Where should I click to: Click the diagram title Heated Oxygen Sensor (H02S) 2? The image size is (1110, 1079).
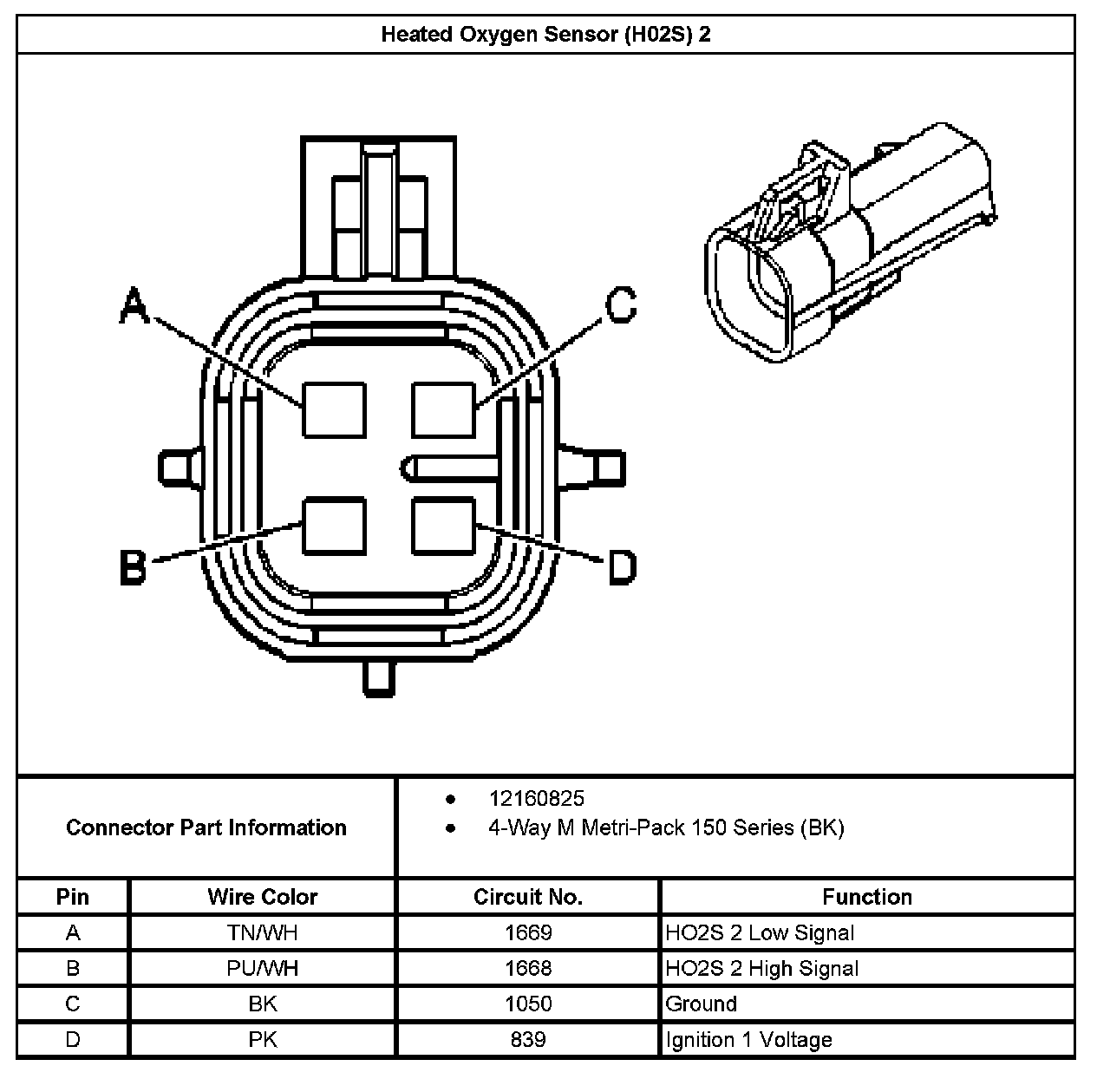545,35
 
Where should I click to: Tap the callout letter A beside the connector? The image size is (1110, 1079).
133,307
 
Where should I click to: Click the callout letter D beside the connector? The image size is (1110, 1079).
622,568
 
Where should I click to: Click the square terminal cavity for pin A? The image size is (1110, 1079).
334,409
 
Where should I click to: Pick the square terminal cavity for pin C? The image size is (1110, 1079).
443,409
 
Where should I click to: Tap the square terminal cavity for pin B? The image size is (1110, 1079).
334,526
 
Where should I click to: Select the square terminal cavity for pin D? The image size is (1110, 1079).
443,526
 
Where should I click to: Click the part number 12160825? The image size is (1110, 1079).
536,799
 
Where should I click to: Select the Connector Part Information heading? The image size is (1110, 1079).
206,827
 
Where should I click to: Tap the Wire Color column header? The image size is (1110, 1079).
262,897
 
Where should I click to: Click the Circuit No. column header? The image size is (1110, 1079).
527,897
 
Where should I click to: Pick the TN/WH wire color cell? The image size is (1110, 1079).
262,933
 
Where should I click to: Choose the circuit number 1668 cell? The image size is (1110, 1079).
527,969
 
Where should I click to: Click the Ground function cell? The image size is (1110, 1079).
702,1004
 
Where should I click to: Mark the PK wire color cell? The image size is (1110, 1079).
262,1040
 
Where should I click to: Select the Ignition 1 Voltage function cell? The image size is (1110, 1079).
748,1040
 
